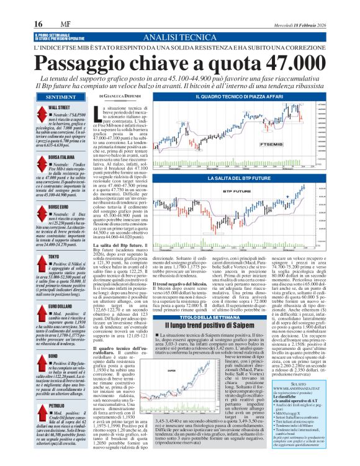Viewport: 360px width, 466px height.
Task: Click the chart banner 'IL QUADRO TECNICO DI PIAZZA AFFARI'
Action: pyautogui.click(x=239, y=97)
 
